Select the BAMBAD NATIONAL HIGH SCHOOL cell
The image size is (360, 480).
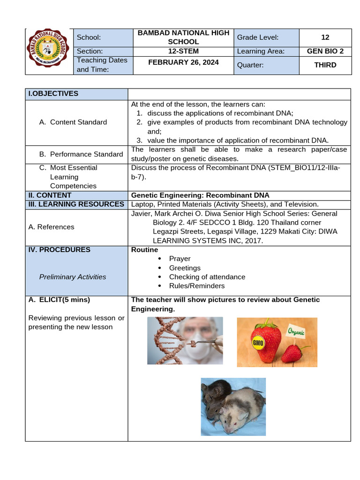coord(183,37)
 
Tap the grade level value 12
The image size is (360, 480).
coord(325,37)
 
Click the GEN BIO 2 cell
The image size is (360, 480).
coord(325,51)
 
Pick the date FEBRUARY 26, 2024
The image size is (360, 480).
coord(183,62)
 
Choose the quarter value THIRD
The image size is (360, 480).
coord(325,65)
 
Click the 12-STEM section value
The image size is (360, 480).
coord(183,51)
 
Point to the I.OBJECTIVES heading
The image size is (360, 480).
coord(53,94)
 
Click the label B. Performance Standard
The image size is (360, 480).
coord(81,154)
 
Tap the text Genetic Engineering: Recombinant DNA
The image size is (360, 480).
coord(200,195)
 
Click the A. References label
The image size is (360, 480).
coord(51,227)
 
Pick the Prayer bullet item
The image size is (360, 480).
coord(180,259)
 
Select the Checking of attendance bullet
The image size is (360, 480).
coord(207,277)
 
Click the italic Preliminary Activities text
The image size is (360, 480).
coord(73,277)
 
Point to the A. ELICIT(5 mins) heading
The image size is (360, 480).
coord(60,300)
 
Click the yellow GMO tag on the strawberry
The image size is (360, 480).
coord(258,343)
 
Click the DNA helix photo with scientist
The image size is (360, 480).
coord(185,341)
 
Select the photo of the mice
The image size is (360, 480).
coord(233,405)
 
